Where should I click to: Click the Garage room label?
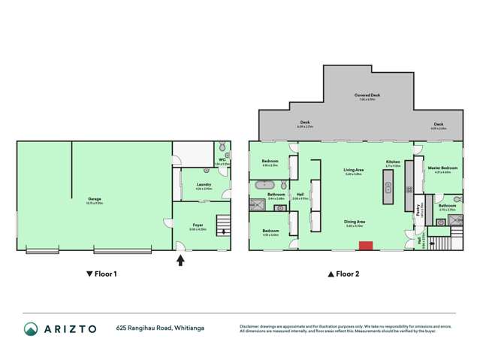(94, 200)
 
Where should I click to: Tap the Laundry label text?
(204, 185)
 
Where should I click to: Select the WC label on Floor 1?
(223, 159)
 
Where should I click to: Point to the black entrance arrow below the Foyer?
(180, 261)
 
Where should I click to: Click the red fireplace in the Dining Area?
(366, 245)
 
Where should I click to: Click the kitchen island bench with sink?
(388, 186)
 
